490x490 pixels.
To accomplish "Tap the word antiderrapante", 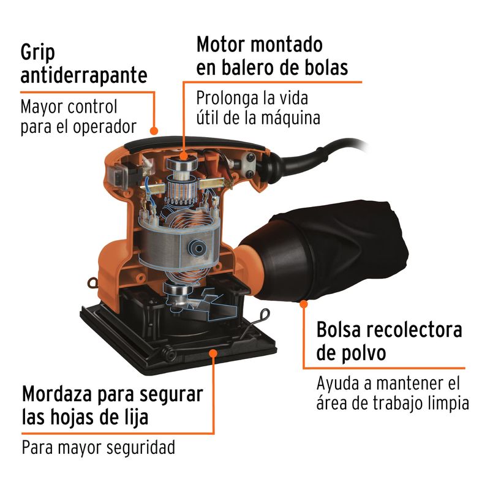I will tap(84, 76).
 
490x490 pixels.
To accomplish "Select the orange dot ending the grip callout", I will tap(154, 130).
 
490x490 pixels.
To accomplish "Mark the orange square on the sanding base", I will tap(213, 352).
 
